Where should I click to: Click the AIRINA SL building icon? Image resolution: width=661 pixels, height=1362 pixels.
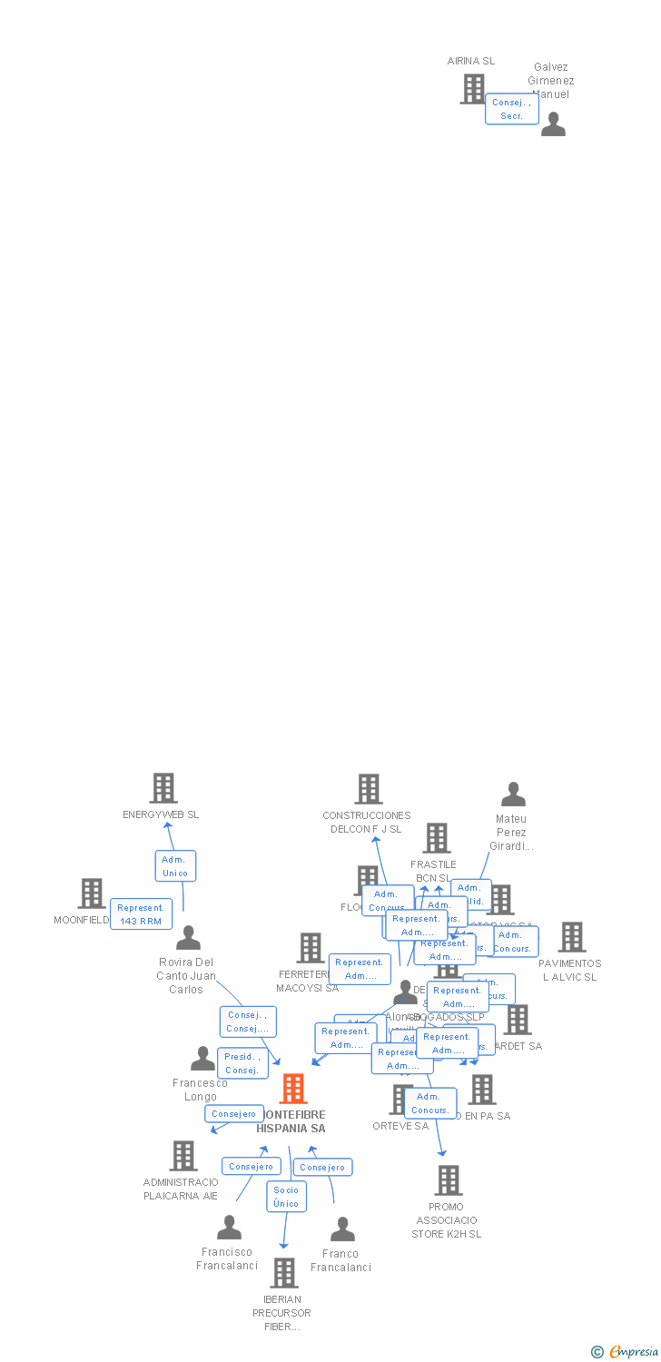coord(472,89)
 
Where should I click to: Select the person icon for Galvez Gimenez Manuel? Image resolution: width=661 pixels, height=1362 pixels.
coord(553,124)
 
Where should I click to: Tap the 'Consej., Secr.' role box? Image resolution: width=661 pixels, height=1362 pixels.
coord(511,109)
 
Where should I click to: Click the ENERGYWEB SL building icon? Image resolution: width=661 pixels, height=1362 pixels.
coord(163,788)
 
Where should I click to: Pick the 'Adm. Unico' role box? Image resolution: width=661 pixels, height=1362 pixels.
coord(174,866)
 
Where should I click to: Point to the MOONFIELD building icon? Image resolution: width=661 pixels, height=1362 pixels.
coord(91,893)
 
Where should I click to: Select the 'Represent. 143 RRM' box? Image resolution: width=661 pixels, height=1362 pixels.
coord(141,914)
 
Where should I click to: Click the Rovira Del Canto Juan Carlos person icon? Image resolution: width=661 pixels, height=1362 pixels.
coord(188,938)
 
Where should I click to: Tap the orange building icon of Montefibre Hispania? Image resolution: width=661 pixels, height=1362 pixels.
coord(292,1088)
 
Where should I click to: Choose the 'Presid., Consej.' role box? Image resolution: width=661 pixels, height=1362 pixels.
coord(242,1063)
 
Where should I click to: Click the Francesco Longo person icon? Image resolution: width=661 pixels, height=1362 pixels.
coord(202,1059)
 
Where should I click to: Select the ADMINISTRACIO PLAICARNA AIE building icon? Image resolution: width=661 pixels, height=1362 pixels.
coord(183,1156)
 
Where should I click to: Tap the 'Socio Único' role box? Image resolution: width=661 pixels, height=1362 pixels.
coord(286,1197)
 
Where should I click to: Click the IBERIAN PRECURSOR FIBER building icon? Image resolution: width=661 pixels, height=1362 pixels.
coord(283,1273)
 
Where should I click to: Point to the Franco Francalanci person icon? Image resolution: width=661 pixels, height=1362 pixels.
coord(342,1229)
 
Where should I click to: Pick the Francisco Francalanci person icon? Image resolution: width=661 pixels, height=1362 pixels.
coord(229,1228)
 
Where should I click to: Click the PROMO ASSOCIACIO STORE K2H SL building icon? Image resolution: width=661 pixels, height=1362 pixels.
coord(448,1180)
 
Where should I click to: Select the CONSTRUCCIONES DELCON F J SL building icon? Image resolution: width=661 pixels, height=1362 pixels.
coord(368,789)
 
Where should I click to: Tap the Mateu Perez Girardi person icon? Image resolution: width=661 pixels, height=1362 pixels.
coord(513,794)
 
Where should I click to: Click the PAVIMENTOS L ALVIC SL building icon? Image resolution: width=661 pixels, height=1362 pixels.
coord(571,937)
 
